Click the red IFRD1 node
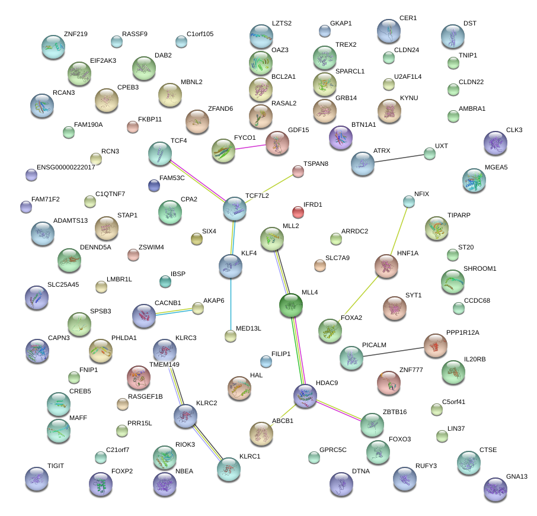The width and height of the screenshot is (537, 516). click(x=298, y=212)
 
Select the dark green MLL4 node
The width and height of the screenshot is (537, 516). click(x=291, y=305)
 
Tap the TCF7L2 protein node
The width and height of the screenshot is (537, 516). click(x=235, y=209)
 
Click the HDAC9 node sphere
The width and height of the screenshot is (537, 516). click(x=305, y=396)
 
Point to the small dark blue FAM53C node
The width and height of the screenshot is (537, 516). click(x=154, y=185)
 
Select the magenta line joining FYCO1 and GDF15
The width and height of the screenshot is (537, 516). click(x=250, y=147)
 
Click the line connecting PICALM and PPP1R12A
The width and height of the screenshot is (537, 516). click(x=394, y=352)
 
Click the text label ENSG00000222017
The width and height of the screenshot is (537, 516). click(x=66, y=167)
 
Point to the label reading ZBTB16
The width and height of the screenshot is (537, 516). click(x=395, y=412)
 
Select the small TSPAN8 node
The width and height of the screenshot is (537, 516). click(x=298, y=172)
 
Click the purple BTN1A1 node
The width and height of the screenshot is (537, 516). click(x=341, y=137)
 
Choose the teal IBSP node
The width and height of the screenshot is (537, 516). click(x=165, y=281)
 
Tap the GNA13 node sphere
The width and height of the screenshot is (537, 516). click(x=496, y=489)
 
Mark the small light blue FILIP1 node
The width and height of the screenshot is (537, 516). click(x=266, y=361)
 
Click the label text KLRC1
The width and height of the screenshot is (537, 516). click(x=250, y=456)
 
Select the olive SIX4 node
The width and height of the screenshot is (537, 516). click(x=197, y=239)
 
